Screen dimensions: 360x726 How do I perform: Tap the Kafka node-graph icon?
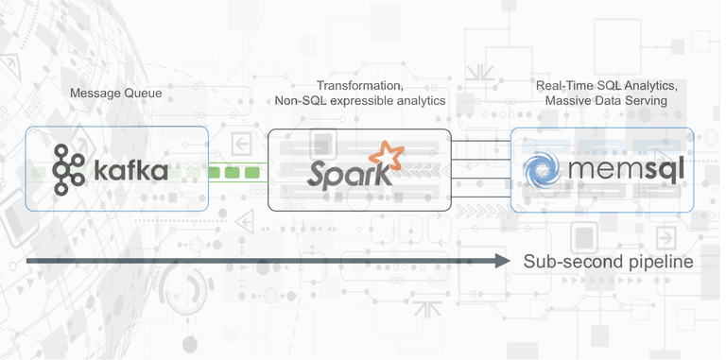(68, 166)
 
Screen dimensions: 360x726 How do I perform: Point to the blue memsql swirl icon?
(543, 170)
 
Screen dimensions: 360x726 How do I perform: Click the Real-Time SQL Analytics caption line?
(606, 85)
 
